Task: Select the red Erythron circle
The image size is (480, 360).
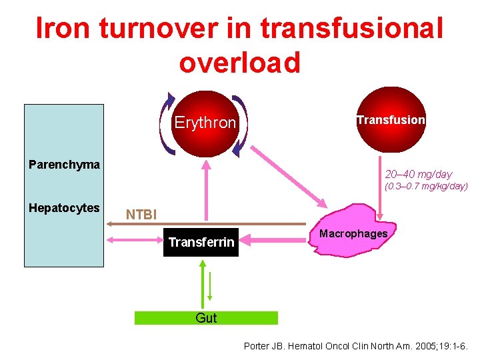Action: (x=205, y=123)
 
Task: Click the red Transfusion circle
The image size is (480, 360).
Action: (x=391, y=121)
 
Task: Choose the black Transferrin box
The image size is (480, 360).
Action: (x=201, y=242)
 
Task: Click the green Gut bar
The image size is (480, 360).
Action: (x=206, y=318)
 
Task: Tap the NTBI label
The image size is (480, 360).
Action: (x=141, y=215)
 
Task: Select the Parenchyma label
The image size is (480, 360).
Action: (x=64, y=165)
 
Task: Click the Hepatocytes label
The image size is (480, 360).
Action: (x=64, y=208)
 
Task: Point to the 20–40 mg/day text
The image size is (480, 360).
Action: (x=418, y=174)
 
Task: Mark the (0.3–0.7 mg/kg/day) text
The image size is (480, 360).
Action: (x=426, y=187)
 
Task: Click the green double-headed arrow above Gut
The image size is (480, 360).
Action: (x=201, y=283)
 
